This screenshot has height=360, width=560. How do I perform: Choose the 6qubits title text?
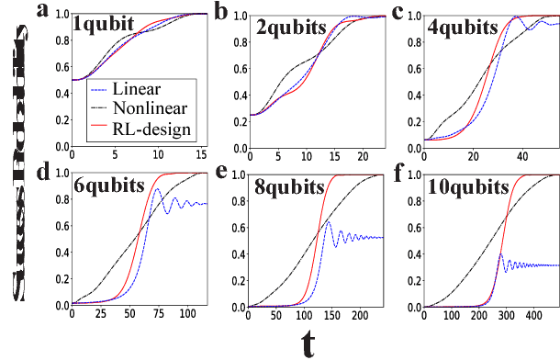coord(107,186)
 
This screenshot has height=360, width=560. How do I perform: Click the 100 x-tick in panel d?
coord(190,315)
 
